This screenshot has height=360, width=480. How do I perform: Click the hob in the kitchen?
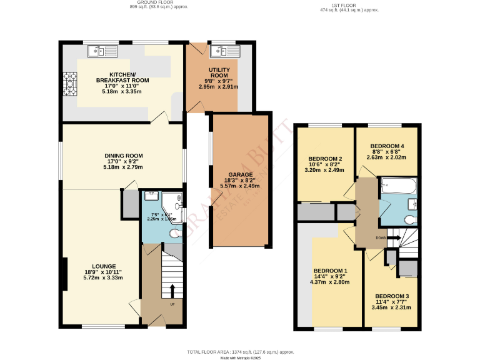point(69,84)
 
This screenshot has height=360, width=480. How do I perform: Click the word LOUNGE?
point(103,266)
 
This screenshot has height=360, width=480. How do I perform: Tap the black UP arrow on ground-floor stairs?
point(172,291)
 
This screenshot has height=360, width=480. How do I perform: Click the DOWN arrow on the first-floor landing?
point(394,238)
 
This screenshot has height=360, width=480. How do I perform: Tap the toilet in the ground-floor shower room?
point(175,232)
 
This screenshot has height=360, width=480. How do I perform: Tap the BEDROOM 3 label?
point(392,296)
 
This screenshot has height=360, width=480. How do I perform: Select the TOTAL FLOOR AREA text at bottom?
point(240,352)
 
